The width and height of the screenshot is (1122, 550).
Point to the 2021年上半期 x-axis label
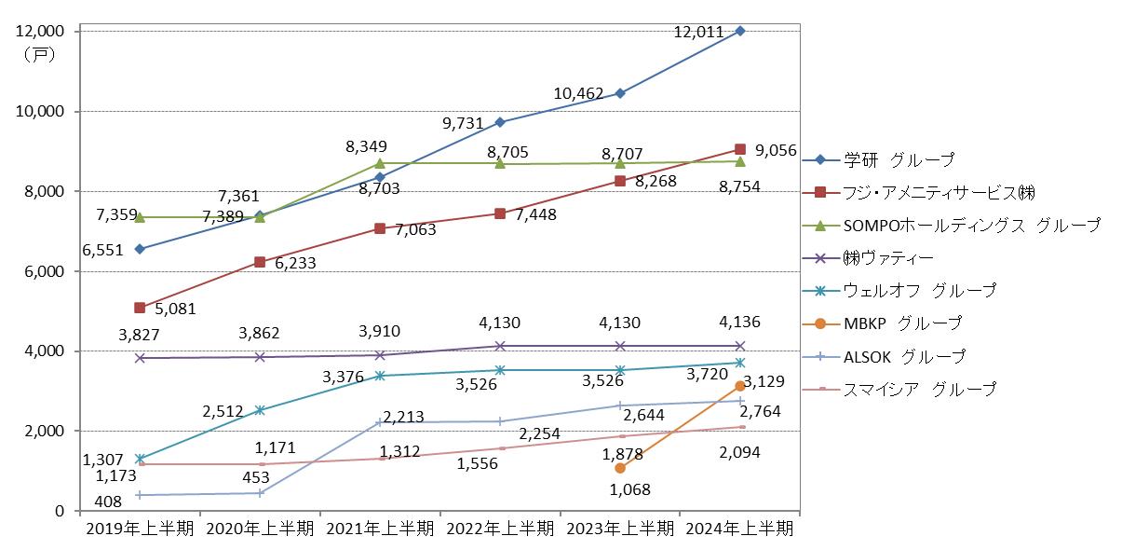pyautogui.click(x=379, y=529)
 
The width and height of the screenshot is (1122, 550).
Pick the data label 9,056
pyautogui.click(x=776, y=149)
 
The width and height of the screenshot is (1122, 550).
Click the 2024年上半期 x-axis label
pyautogui.click(x=739, y=529)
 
